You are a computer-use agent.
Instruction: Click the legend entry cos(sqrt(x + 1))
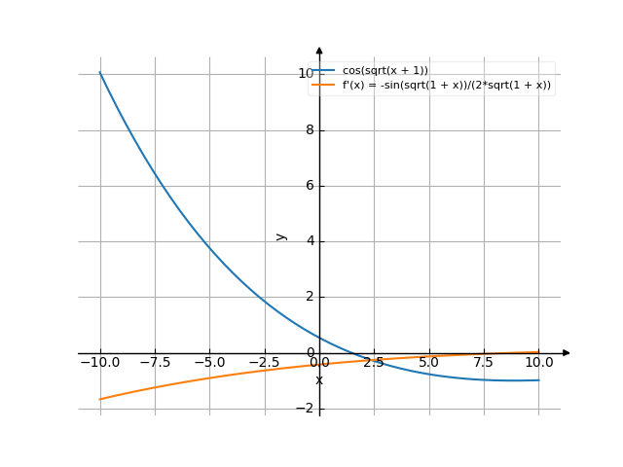[385, 71]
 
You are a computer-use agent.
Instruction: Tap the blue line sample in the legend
[324, 71]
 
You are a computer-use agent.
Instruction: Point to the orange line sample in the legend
[324, 86]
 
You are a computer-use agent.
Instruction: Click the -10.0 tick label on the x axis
[99, 363]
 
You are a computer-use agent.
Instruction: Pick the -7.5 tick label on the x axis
[155, 363]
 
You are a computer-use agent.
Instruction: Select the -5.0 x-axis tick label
[209, 363]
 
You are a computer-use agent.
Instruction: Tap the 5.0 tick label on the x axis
[429, 363]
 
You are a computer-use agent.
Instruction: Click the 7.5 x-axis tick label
[484, 363]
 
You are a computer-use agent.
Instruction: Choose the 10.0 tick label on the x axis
[538, 363]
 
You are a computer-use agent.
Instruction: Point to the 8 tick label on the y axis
[311, 129]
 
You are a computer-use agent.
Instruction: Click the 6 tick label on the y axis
[311, 186]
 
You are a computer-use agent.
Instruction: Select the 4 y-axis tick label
[311, 241]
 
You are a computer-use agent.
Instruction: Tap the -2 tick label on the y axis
[307, 409]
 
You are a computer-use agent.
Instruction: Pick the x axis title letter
[319, 379]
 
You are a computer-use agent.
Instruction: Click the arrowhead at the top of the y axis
[319, 50]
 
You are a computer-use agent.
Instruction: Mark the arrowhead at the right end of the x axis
[567, 353]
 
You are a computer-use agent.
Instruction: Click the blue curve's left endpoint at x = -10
[100, 73]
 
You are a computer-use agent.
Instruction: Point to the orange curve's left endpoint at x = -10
[100, 399]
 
